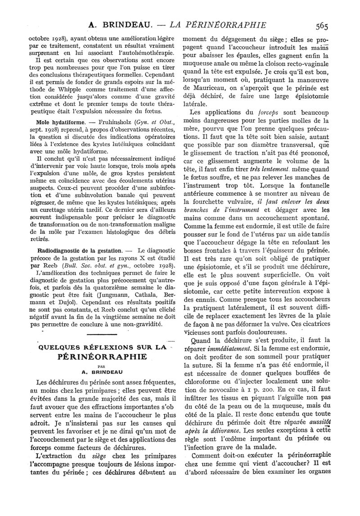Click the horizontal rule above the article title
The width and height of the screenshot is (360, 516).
point(101,334)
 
